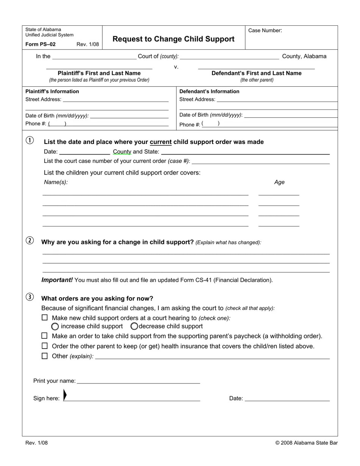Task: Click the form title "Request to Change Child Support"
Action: [x=173, y=39]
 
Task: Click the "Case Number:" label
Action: [x=265, y=31]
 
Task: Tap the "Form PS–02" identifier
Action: [x=40, y=44]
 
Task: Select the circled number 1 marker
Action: [x=30, y=141]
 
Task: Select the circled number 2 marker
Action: [x=30, y=241]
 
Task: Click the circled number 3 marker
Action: [x=30, y=297]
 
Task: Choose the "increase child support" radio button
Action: [x=55, y=327]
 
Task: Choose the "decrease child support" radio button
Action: [x=134, y=326]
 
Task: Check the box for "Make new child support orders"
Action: [x=45, y=318]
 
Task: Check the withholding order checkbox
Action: [x=45, y=336]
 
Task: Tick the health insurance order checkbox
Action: [x=45, y=346]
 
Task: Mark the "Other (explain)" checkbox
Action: [x=45, y=356]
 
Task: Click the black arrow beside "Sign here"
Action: [x=65, y=395]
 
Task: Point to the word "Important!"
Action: [x=57, y=280]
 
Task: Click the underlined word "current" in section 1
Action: [x=161, y=142]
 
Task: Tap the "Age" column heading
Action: [x=279, y=182]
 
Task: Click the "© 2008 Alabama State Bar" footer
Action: [x=306, y=443]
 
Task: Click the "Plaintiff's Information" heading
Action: [x=52, y=91]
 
